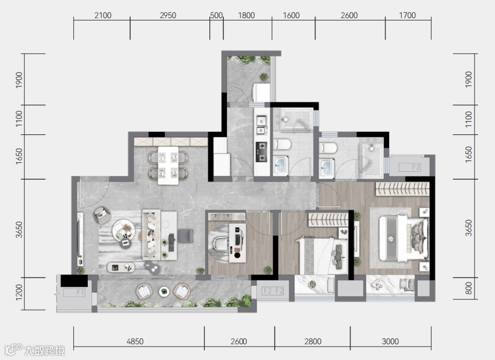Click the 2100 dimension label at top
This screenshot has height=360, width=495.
(x=103, y=15)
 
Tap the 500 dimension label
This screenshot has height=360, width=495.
(x=216, y=15)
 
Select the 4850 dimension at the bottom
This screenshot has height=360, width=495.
(x=135, y=341)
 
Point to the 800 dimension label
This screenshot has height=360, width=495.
(x=468, y=289)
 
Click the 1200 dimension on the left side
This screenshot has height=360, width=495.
(x=19, y=292)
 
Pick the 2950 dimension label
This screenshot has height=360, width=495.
(x=168, y=15)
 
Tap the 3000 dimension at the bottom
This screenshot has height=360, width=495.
(x=390, y=341)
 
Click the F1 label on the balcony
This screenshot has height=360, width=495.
(x=80, y=292)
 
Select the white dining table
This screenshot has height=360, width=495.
(x=168, y=165)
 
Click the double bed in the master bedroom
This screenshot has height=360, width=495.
(x=404, y=238)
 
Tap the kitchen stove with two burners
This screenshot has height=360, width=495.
(x=261, y=152)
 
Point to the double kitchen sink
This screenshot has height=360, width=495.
(x=261, y=125)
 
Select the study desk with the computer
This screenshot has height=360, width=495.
(x=237, y=243)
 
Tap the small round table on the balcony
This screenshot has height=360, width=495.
(x=164, y=291)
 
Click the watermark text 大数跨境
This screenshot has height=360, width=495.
(x=45, y=350)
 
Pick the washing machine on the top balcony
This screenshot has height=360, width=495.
(x=261, y=92)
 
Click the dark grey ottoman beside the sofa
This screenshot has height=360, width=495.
(x=185, y=236)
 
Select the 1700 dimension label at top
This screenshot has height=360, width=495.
(x=407, y=15)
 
